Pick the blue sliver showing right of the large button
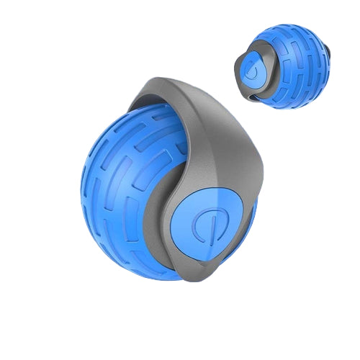(251, 216)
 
